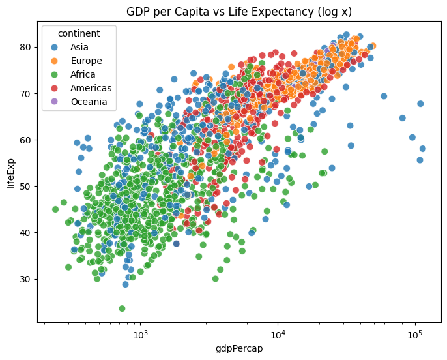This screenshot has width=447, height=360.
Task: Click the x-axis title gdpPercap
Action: tap(238, 348)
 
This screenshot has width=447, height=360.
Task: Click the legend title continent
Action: tap(78, 33)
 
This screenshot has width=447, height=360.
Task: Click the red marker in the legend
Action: tap(55, 88)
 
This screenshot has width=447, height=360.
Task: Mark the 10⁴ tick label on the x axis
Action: tap(278, 334)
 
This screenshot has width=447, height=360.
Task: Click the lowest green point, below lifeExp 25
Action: tap(122, 308)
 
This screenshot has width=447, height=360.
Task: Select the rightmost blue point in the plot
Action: tap(422, 149)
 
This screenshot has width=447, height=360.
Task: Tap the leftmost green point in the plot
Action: tap(55, 209)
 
